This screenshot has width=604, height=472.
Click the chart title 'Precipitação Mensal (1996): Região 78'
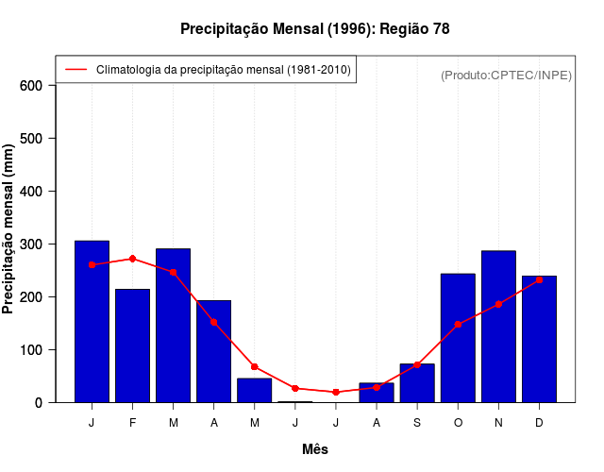click(x=314, y=29)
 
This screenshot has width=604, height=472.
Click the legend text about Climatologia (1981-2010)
click(x=223, y=70)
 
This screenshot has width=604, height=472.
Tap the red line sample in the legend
click(x=75, y=70)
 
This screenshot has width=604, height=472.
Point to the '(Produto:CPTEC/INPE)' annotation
click(x=506, y=75)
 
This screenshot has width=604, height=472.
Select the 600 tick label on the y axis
click(x=32, y=86)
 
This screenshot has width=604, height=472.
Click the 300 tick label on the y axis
click(x=32, y=244)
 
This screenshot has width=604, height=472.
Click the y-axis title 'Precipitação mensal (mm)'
click(x=9, y=229)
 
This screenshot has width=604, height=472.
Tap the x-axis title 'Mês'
click(x=315, y=449)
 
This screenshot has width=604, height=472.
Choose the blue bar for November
click(x=498, y=327)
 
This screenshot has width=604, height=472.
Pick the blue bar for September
click(x=417, y=382)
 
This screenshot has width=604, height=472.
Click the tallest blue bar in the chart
click(x=92, y=321)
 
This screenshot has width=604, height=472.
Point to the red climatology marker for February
click(x=132, y=259)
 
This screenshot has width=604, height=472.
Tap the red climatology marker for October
click(x=458, y=324)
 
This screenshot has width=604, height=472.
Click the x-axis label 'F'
click(x=132, y=423)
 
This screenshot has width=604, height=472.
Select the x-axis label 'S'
click(x=417, y=423)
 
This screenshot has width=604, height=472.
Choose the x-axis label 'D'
click(x=539, y=423)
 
